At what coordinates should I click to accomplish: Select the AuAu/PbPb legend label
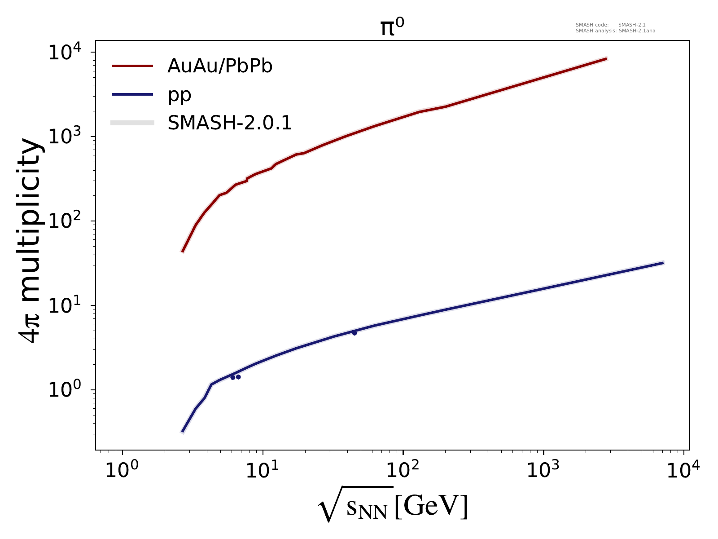[x=220, y=66]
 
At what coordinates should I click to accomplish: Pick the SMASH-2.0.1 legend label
[x=230, y=123]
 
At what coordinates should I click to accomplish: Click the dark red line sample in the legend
[x=133, y=66]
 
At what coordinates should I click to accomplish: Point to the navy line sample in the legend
[x=133, y=94]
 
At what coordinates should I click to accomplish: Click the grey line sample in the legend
[x=133, y=123]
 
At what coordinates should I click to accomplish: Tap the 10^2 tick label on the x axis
[x=403, y=470]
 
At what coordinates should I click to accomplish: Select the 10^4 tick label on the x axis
[x=683, y=470]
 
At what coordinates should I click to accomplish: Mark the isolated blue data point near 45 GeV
[x=355, y=333]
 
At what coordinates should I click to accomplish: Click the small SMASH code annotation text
[x=610, y=25]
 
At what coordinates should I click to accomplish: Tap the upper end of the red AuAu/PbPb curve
[x=606, y=58]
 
